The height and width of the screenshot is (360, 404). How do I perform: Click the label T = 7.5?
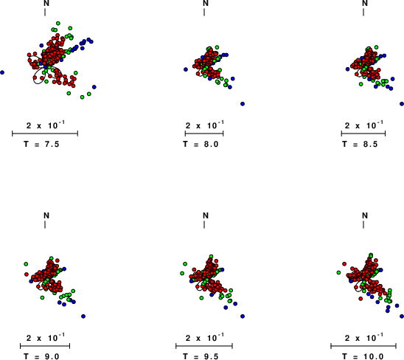(41, 144)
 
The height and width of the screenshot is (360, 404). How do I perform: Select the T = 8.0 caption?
(201, 144)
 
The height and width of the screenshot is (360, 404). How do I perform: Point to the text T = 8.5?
(360, 144)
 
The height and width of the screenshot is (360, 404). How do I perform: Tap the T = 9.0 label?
(41, 356)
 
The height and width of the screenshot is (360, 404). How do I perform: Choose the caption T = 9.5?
(201, 356)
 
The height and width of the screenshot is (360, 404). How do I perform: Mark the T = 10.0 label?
(363, 356)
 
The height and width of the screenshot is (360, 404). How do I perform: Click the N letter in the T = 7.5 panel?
(46, 3)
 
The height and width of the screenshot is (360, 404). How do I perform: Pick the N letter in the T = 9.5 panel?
(206, 215)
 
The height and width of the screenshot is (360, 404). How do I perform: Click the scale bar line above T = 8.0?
(204, 134)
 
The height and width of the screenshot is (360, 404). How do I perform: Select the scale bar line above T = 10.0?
(363, 346)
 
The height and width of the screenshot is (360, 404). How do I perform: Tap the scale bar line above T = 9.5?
(204, 346)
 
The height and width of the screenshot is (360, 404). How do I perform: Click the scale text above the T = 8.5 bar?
(363, 125)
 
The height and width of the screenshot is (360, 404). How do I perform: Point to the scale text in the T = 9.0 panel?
(46, 337)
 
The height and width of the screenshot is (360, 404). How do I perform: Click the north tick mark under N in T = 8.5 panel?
(363, 12)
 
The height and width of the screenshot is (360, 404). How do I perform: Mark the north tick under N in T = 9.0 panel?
(45, 224)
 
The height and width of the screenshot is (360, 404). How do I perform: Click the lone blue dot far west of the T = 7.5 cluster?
(2, 72)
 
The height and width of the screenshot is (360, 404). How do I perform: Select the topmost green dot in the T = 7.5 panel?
(58, 23)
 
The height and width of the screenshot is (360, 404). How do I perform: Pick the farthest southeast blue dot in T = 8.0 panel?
(243, 104)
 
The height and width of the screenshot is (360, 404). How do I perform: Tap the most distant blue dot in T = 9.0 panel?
(83, 316)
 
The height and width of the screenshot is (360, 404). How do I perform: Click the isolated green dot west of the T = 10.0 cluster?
(338, 272)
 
